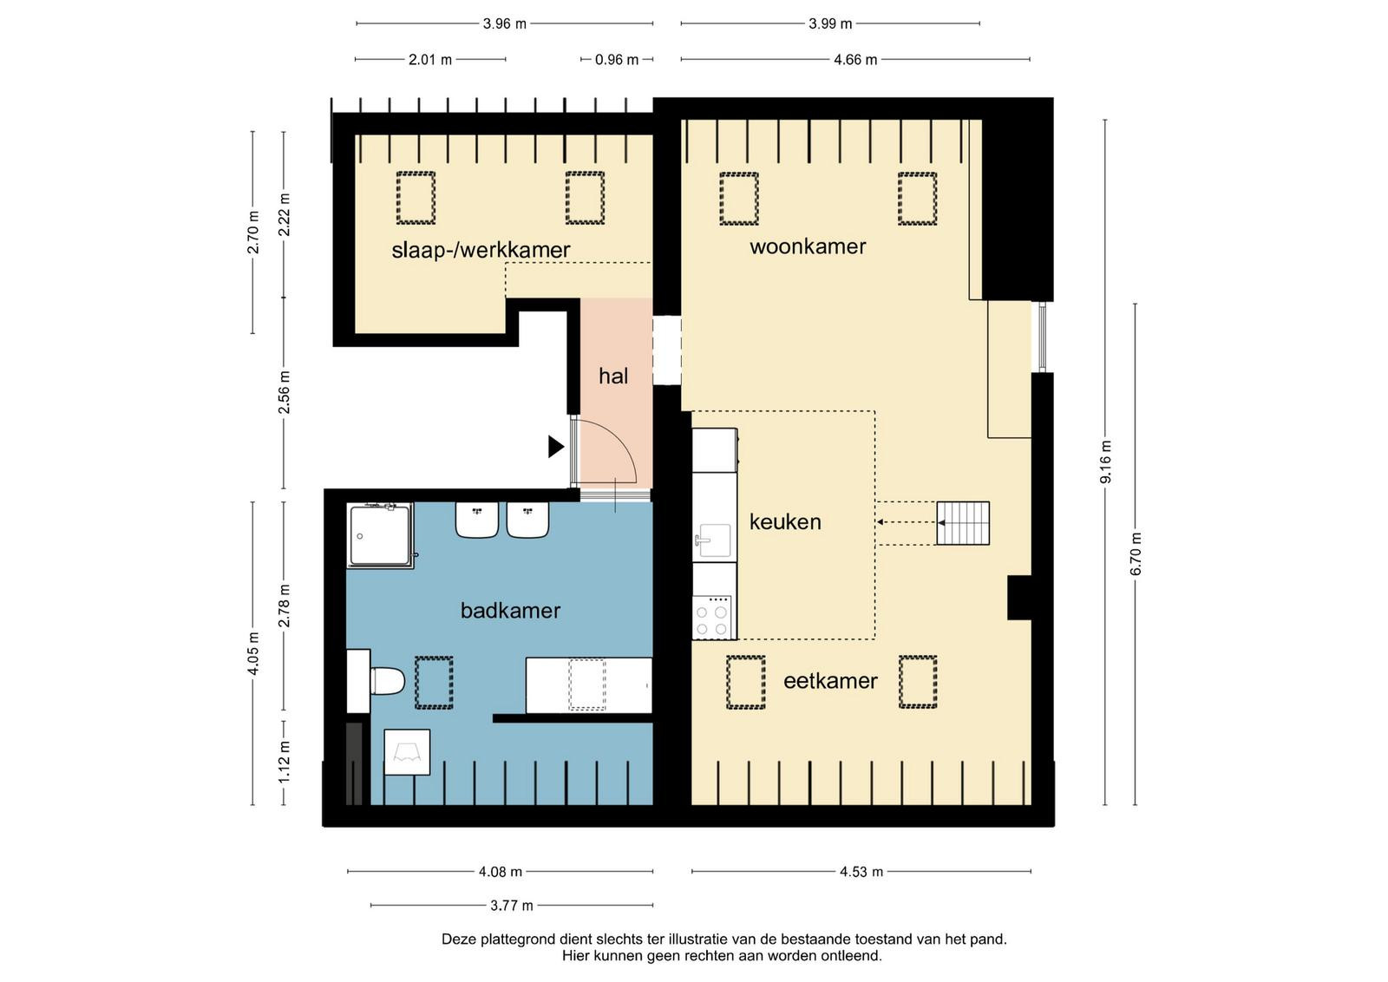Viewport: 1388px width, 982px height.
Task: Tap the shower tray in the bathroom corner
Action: [381, 536]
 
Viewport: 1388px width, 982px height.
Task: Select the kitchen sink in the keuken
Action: [715, 540]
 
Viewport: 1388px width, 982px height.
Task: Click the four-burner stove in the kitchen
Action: [711, 617]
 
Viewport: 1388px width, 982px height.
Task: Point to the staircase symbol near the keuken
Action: [962, 523]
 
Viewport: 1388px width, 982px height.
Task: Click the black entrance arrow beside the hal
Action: [556, 447]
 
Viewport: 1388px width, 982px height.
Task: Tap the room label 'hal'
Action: [612, 376]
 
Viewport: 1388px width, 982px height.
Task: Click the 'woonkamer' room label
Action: [808, 246]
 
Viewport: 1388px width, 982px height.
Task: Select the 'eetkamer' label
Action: [830, 681]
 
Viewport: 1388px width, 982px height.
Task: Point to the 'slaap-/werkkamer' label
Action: [481, 250]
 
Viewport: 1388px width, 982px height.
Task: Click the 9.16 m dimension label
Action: [1105, 462]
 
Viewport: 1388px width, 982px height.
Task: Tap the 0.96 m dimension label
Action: [617, 60]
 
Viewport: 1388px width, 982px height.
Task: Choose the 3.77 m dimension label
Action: [512, 905]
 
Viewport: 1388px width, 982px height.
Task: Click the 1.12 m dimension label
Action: [285, 762]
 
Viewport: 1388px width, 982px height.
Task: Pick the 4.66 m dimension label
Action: [855, 60]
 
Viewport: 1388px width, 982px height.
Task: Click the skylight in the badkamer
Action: [434, 682]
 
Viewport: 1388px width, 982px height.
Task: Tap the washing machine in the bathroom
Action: [407, 752]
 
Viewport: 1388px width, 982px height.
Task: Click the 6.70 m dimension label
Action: [1136, 553]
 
